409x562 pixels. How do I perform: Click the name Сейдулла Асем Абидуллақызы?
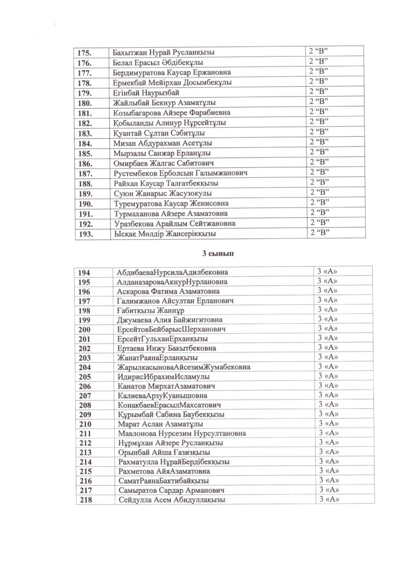[x=172, y=500]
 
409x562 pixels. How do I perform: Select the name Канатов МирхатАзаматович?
[x=166, y=386]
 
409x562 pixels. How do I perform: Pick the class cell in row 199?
[x=327, y=319]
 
